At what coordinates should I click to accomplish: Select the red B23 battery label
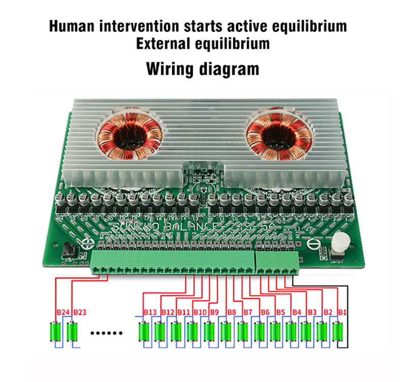[80, 312]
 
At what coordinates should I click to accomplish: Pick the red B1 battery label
[342, 312]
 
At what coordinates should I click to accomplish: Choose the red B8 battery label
[232, 312]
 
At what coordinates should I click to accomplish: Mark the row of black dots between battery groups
[107, 333]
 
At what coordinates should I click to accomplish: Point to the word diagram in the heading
[229, 68]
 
